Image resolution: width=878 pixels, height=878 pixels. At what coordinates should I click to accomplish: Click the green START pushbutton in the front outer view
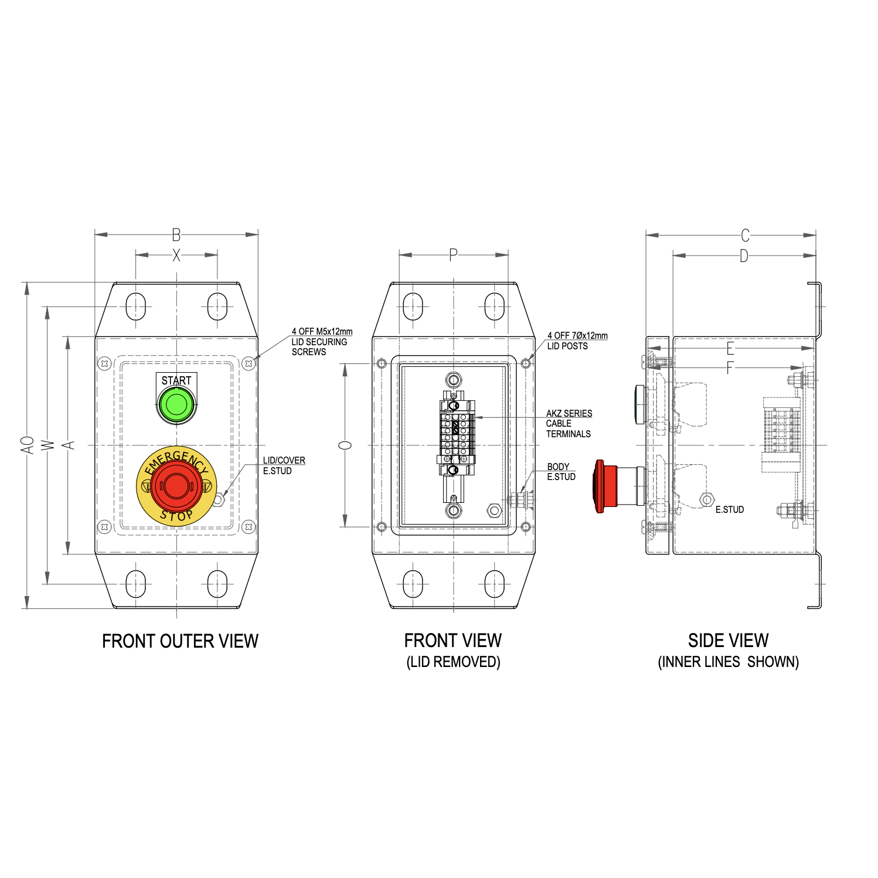tap(176, 404)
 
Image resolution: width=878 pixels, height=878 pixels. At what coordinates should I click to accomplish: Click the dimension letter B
tap(176, 235)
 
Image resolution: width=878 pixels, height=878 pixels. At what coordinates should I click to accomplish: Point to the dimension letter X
tap(176, 255)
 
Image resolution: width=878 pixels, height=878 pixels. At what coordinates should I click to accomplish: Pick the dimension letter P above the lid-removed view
tap(453, 255)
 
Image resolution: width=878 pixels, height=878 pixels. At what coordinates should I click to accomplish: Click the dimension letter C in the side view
tap(745, 235)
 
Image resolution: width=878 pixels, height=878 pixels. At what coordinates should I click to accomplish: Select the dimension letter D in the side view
tap(744, 256)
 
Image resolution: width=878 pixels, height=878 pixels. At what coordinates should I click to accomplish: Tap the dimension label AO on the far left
tap(27, 444)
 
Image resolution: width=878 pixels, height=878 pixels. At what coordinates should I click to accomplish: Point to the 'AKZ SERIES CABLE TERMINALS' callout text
tap(569, 423)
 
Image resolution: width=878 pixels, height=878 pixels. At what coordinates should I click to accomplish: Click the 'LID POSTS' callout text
tap(567, 346)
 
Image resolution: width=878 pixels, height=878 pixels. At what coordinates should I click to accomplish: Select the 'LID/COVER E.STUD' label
tap(284, 465)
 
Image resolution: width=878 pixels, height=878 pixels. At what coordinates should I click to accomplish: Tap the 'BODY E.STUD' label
tap(560, 472)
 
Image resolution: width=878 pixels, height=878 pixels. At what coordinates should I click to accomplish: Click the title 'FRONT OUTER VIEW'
tap(180, 641)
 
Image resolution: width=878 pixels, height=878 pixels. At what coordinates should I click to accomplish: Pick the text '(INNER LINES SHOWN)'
tap(728, 662)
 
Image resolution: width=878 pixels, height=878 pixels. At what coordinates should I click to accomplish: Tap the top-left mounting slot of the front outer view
tap(135, 306)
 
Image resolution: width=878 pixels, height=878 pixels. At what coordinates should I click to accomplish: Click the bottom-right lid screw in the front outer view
tap(249, 526)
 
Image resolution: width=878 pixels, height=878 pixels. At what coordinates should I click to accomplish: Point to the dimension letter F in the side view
tap(730, 368)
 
